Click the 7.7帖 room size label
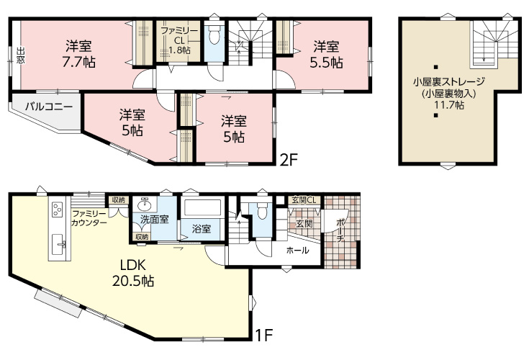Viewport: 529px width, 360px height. point(78,63)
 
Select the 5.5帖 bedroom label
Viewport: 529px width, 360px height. point(326,63)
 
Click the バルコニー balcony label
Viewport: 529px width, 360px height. point(49,107)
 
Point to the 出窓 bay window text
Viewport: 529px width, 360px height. point(21,55)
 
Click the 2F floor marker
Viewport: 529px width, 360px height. point(289,160)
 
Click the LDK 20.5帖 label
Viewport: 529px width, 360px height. point(133,273)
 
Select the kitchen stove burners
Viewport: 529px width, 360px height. point(57,209)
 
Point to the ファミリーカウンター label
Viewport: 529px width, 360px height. point(89,218)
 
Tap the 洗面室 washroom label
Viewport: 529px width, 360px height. point(154,220)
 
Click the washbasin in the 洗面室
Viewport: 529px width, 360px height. point(145,204)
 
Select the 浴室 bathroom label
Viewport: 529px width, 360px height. point(202,229)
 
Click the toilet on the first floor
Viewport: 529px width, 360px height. point(262,211)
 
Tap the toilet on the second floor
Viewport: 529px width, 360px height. point(214,35)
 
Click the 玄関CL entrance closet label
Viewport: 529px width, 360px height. point(304,200)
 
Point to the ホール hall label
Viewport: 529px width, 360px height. point(297,251)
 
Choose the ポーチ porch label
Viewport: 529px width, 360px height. point(340,230)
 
